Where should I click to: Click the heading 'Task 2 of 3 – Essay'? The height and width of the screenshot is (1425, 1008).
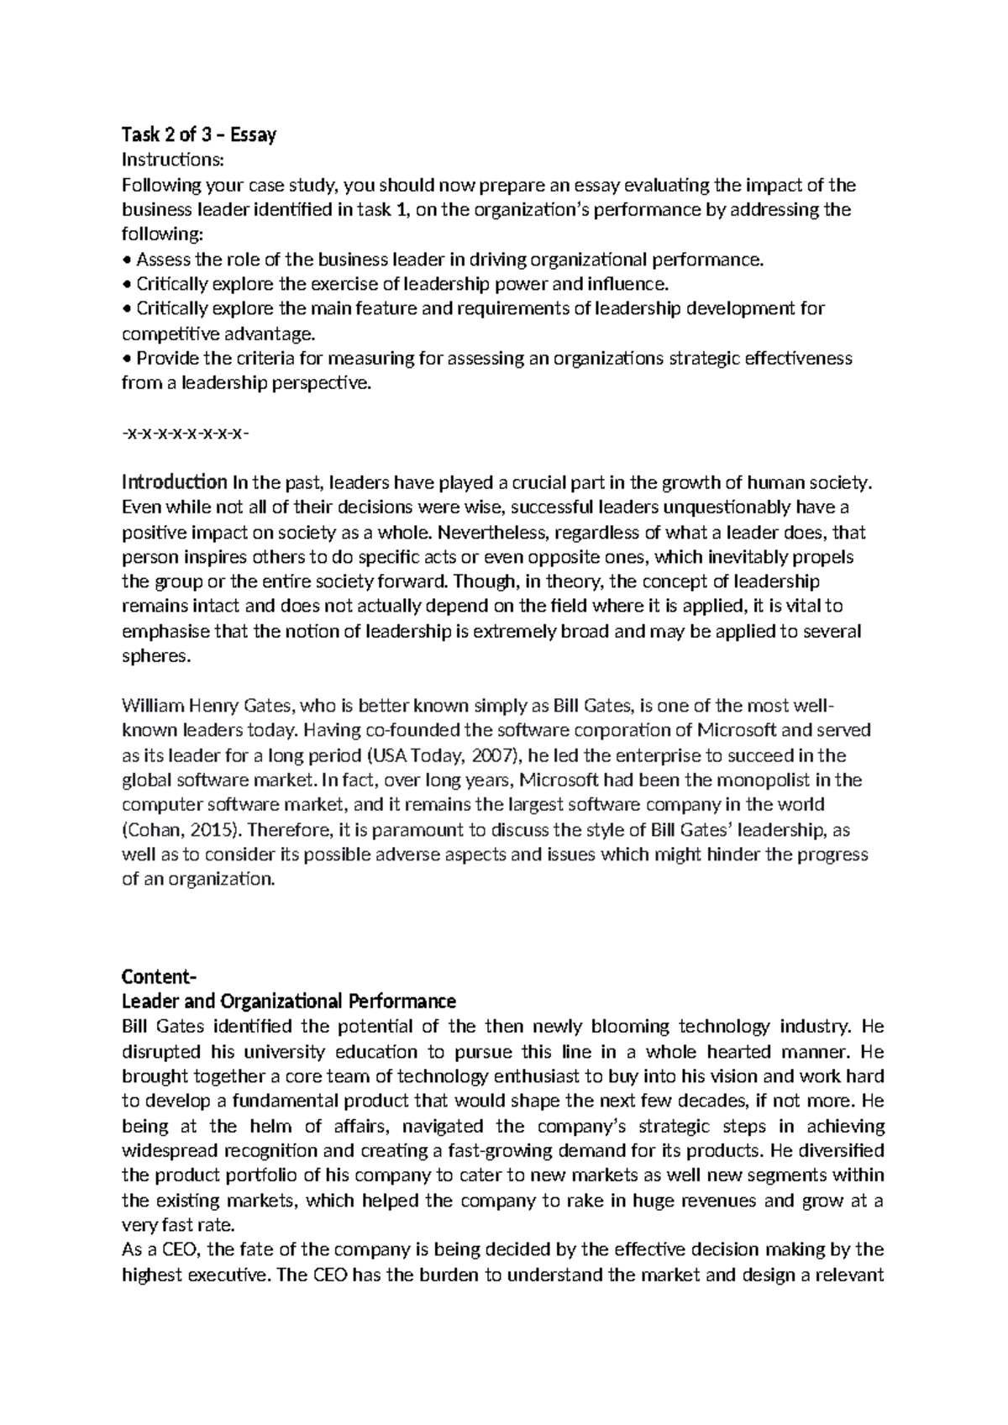click(x=199, y=134)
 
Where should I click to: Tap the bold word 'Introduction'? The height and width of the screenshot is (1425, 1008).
click(x=174, y=482)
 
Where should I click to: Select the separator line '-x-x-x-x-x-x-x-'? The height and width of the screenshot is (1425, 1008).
click(x=185, y=434)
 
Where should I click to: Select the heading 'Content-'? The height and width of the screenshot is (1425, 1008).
click(x=158, y=977)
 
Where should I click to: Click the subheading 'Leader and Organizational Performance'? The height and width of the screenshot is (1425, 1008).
click(x=289, y=1002)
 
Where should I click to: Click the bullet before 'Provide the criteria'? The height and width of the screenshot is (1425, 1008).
click(x=127, y=359)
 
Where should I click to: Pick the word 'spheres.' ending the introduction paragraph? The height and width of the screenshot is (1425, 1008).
click(x=157, y=656)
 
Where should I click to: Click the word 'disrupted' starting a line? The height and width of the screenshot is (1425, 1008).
click(x=161, y=1052)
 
